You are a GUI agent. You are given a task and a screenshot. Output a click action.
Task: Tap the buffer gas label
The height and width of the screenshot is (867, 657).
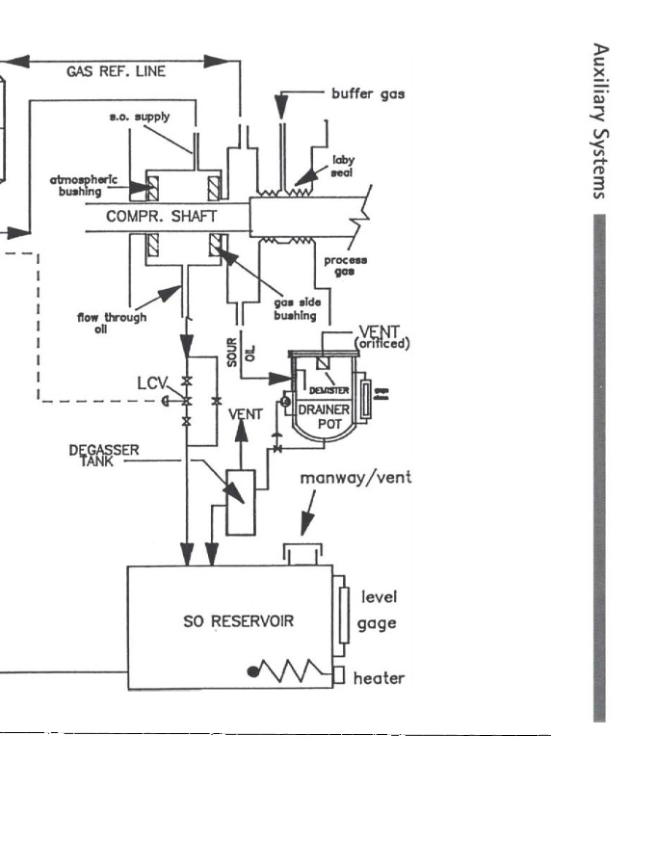pyautogui.click(x=368, y=94)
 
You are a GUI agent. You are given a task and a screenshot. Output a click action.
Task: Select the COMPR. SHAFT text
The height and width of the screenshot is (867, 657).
pyautogui.click(x=161, y=218)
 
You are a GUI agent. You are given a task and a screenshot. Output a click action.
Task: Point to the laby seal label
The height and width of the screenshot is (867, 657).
pyautogui.click(x=344, y=166)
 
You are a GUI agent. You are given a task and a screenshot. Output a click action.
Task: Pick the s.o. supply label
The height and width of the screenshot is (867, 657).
pyautogui.click(x=141, y=117)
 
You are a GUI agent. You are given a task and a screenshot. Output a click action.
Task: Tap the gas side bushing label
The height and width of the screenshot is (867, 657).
pyautogui.click(x=296, y=309)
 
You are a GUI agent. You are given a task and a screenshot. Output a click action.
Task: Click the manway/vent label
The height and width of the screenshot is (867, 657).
pyautogui.click(x=355, y=479)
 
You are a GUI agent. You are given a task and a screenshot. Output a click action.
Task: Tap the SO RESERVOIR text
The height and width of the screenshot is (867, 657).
pyautogui.click(x=238, y=621)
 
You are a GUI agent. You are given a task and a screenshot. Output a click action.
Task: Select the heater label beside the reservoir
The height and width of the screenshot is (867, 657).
pyautogui.click(x=379, y=678)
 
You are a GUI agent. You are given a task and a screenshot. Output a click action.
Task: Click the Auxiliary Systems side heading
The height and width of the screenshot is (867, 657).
pyautogui.click(x=599, y=119)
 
